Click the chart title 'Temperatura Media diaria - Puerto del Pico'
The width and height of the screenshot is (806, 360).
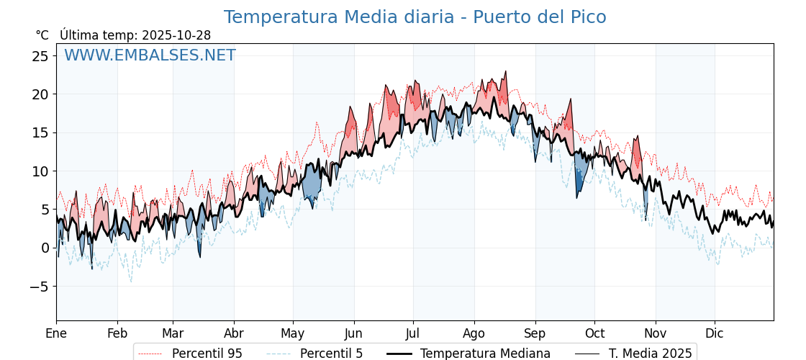(415, 17)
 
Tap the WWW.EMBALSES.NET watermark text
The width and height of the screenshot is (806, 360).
(150, 55)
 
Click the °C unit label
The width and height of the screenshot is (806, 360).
(42, 35)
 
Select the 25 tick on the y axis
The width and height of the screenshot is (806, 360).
(40, 55)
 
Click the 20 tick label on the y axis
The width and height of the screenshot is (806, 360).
(40, 94)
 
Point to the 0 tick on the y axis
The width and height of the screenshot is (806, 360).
(45, 248)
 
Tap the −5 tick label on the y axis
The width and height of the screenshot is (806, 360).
(37, 287)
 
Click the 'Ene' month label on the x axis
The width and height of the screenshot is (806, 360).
(56, 333)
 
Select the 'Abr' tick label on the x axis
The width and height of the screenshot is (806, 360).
(234, 333)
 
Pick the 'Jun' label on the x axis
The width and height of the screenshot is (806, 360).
(354, 333)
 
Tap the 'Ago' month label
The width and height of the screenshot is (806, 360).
(474, 333)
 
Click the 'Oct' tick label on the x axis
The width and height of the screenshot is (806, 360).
(594, 333)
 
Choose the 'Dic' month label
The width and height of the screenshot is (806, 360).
(715, 333)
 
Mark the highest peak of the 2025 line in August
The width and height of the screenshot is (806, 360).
(506, 71)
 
